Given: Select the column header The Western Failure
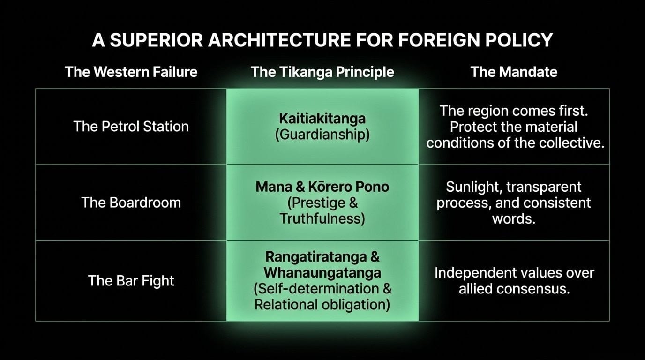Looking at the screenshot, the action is point(131,72).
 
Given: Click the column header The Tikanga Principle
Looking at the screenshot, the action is point(322,72).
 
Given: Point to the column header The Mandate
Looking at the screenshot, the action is point(514,72).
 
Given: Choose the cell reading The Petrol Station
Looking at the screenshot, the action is point(131,126).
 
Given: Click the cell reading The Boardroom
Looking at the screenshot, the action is point(131,202).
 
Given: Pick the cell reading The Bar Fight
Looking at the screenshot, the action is point(131,280).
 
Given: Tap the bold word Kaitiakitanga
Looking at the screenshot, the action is point(322,118).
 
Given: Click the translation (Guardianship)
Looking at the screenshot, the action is point(322,135).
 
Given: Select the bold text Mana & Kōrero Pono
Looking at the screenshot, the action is point(322,187).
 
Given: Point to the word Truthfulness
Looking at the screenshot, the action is point(322,218).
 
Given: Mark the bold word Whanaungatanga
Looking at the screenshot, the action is point(322,272).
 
